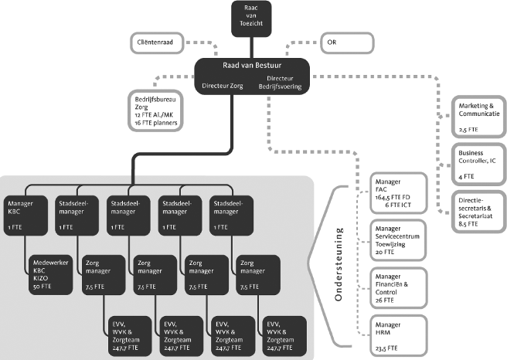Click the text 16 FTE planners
158,123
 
